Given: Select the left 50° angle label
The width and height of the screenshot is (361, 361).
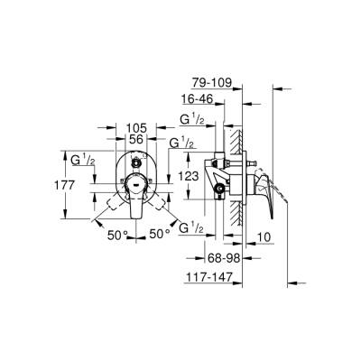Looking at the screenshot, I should pos(117,235).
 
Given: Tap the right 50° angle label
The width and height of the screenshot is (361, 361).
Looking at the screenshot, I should pos(159,235).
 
